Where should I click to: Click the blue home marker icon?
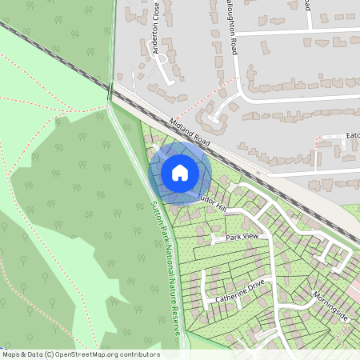(x=179, y=172)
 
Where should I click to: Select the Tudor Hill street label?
(x=212, y=201)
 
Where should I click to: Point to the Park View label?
(x=242, y=238)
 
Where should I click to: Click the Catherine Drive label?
(x=239, y=292)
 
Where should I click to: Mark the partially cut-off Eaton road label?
(x=351, y=137)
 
